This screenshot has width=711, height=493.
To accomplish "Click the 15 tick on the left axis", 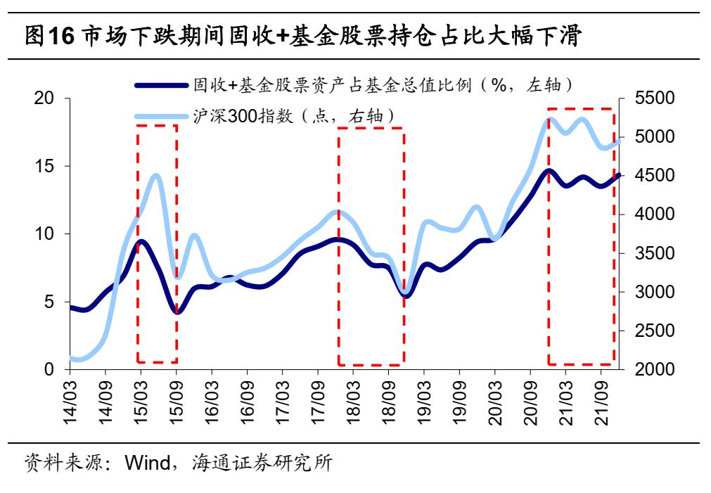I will [x=46, y=167].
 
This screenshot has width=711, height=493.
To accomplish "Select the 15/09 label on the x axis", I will [x=177, y=402].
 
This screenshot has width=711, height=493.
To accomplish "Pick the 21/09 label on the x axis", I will [x=603, y=402].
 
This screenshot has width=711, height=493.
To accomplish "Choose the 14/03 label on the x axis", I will [x=70, y=402].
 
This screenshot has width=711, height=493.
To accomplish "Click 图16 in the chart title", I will [x=49, y=36].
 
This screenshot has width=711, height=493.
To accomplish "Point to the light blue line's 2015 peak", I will [x=156, y=176].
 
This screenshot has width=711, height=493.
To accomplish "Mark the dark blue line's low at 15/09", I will [x=177, y=312].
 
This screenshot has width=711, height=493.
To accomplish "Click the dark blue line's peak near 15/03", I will [x=142, y=241].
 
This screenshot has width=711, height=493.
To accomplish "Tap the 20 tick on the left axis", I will [x=46, y=99].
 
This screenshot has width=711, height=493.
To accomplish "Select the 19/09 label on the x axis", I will [x=461, y=402].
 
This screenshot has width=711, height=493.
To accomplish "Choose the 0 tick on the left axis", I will [x=51, y=370].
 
